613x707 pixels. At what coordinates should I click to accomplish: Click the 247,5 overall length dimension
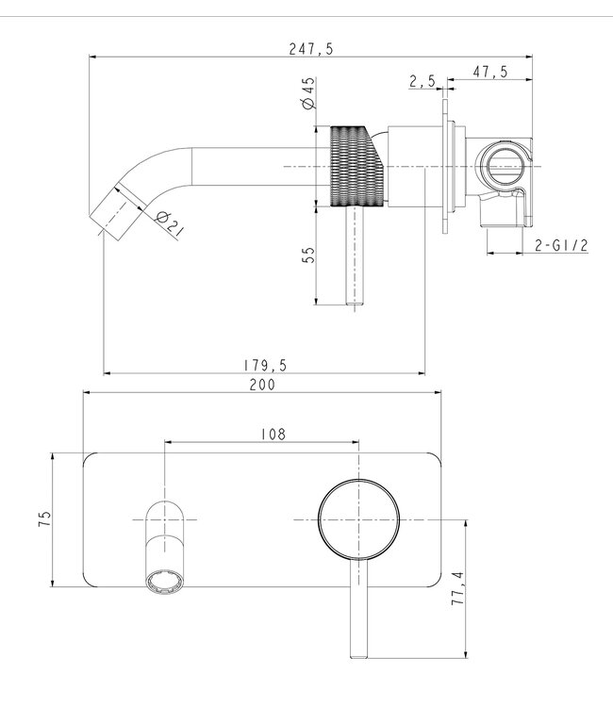point(312,49)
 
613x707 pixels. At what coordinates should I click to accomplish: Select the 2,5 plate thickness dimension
point(422,83)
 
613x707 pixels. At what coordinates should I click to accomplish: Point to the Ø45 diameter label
point(308,97)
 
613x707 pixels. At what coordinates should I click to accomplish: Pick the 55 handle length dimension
point(308,257)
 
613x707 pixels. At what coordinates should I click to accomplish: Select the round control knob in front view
point(357,518)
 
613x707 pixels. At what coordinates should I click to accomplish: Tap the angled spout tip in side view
point(113,207)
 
